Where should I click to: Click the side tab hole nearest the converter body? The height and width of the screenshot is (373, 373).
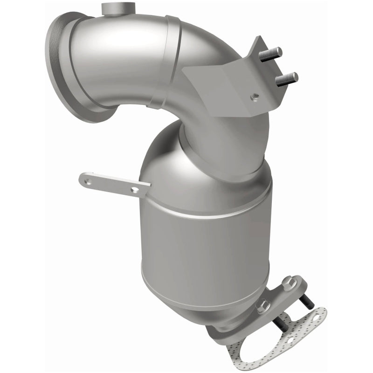[134, 189]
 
